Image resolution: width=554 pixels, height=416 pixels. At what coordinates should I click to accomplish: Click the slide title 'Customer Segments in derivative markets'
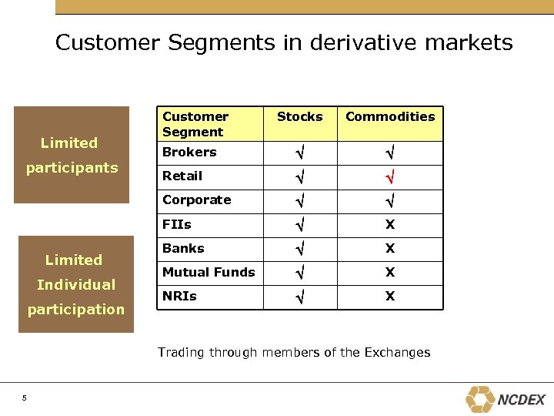[283, 42]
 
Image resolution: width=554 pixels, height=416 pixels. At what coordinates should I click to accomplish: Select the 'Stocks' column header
[299, 117]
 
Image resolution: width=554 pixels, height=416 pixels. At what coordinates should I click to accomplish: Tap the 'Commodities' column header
[389, 117]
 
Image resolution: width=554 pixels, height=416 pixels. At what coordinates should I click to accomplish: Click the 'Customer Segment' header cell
[195, 124]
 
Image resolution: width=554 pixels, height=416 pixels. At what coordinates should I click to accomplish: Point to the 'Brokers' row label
[189, 153]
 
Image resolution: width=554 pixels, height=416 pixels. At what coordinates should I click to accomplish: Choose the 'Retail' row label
[182, 176]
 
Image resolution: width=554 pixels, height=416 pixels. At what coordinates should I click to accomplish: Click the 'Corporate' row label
[197, 200]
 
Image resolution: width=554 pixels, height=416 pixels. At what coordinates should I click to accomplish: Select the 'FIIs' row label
[177, 225]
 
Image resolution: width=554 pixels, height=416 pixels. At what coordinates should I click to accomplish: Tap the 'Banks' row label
[183, 249]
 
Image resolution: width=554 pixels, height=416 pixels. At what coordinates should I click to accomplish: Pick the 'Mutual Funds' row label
[209, 273]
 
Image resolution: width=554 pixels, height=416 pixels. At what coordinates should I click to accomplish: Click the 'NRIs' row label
[179, 297]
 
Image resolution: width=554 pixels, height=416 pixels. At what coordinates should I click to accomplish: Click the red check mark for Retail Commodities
[389, 178]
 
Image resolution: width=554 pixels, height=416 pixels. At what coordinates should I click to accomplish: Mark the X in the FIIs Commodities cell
[390, 225]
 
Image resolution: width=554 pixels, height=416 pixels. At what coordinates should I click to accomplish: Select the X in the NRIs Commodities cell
[390, 297]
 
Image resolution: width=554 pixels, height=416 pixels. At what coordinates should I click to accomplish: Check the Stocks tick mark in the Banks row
[299, 250]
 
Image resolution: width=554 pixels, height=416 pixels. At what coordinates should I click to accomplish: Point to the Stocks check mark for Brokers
[299, 154]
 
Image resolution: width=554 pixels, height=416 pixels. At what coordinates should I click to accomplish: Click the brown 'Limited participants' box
[72, 155]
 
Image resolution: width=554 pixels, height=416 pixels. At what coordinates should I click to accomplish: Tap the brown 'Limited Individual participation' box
[75, 284]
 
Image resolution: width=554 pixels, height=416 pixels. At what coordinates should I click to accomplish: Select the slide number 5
[25, 398]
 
